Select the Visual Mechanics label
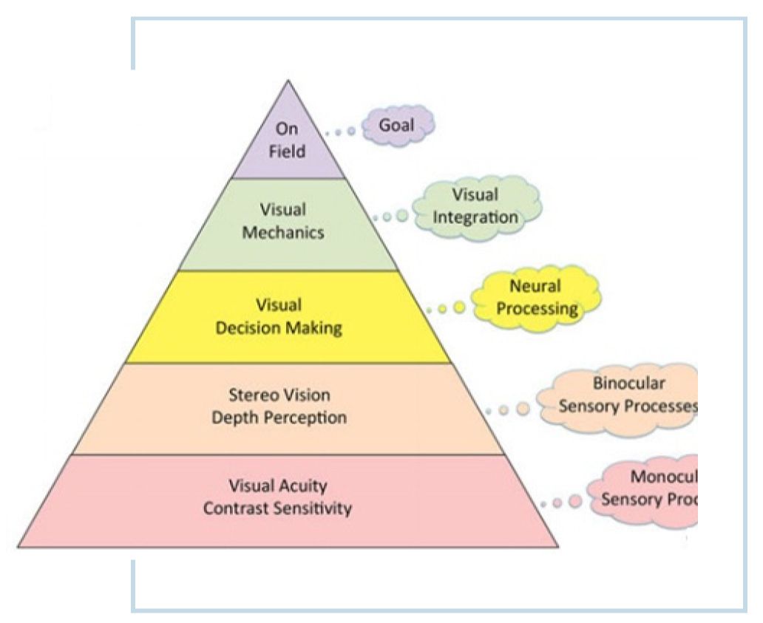[284, 221]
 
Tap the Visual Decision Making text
[279, 316]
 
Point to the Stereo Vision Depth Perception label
[279, 406]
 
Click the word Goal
[397, 126]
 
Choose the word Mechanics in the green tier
[284, 232]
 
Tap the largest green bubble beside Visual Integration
[401, 216]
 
